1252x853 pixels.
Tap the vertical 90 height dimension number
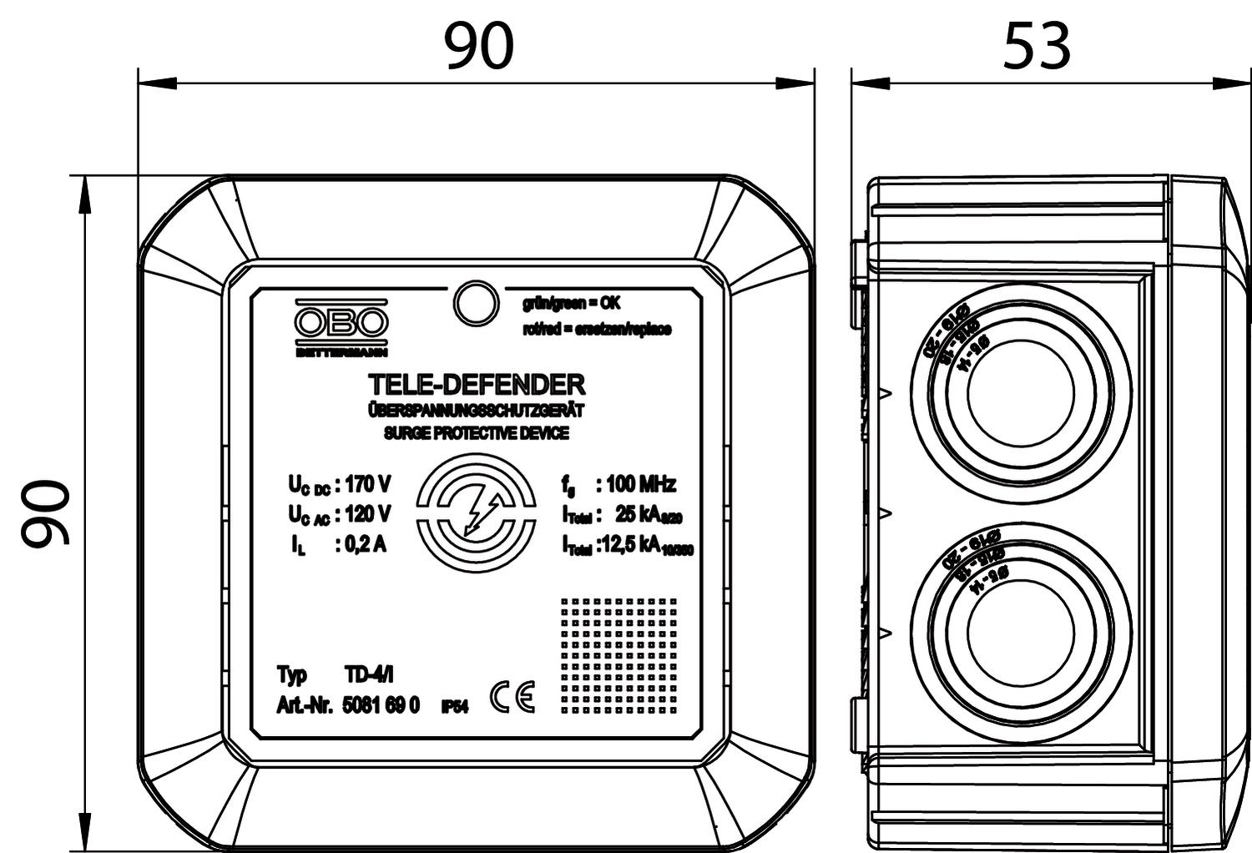click(47, 513)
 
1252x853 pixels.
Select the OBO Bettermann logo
click(341, 326)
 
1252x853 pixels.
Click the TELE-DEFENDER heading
click(477, 385)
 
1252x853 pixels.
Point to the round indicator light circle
click(475, 302)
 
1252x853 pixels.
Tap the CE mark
click(512, 698)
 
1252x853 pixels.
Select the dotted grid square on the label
click(618, 654)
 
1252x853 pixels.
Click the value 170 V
click(367, 485)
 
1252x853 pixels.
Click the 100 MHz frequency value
click(641, 484)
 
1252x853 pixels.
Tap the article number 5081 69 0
click(381, 706)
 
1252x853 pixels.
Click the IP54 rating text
click(455, 708)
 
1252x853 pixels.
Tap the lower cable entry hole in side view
click(1020, 629)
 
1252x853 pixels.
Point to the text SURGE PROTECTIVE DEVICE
click(476, 433)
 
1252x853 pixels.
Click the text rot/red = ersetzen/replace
click(597, 330)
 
